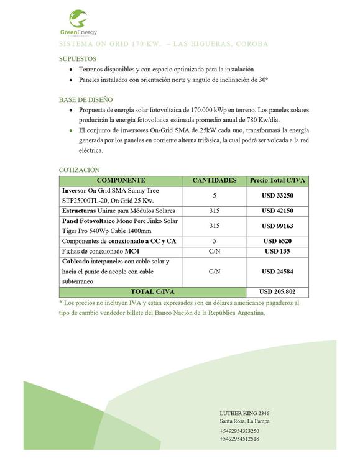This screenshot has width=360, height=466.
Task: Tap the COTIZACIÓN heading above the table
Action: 79,170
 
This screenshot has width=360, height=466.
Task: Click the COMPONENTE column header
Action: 121,180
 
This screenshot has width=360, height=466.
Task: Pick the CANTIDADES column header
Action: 215,180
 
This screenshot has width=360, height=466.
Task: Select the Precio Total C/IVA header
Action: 277,180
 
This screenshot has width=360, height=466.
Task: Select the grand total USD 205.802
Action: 277,291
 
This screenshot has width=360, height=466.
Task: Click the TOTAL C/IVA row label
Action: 152,291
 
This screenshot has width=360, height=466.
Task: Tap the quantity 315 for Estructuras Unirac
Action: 215,211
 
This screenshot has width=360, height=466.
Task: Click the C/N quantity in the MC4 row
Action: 215,251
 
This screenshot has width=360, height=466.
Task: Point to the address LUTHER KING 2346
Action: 244,413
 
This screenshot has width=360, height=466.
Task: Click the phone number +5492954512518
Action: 239,439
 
